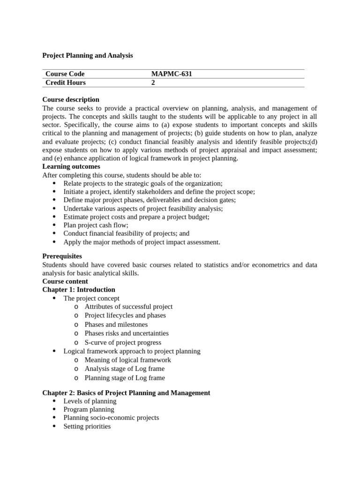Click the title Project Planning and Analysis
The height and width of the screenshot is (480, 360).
pyautogui.click(x=88, y=55)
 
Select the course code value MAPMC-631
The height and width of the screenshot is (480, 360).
pyautogui.click(x=172, y=74)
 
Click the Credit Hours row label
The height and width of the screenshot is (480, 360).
pyautogui.click(x=66, y=82)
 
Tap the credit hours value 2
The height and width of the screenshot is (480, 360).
pyautogui.click(x=153, y=82)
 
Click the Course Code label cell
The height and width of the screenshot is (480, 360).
pyautogui.click(x=65, y=74)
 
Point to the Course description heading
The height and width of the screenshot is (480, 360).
pyautogui.click(x=71, y=99)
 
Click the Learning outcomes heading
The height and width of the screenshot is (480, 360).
pyautogui.click(x=71, y=166)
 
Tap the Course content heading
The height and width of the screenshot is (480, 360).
pyautogui.click(x=65, y=281)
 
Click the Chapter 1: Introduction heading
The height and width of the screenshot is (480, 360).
pyautogui.click(x=79, y=290)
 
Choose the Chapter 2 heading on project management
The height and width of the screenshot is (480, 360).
pyautogui.click(x=126, y=393)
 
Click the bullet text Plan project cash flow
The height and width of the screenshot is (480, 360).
pyautogui.click(x=96, y=225)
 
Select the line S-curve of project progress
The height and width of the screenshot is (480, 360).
pyautogui.click(x=123, y=342)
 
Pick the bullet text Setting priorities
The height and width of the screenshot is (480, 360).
pyautogui.click(x=87, y=426)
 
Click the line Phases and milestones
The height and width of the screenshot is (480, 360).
pyautogui.click(x=116, y=324)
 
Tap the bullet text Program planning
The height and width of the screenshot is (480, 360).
pyautogui.click(x=89, y=409)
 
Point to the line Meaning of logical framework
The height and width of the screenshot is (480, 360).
pyautogui.click(x=127, y=360)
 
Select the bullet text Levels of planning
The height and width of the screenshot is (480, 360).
pyautogui.click(x=90, y=401)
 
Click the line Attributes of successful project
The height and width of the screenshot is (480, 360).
pyautogui.click(x=128, y=307)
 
